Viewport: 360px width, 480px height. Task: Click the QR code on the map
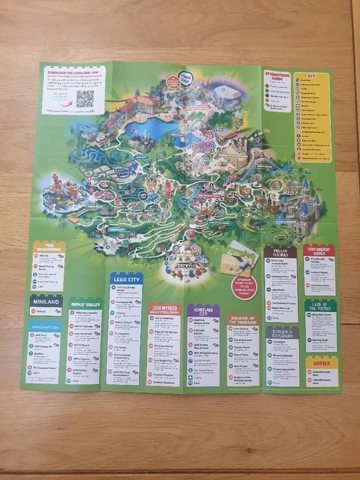85,98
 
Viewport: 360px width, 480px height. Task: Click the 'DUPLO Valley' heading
85,304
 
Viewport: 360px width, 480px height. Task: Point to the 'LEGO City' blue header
125,279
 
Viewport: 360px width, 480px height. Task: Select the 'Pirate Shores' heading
280,254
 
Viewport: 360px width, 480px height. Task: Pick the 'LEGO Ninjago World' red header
319,253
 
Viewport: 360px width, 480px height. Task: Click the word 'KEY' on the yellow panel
310,76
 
